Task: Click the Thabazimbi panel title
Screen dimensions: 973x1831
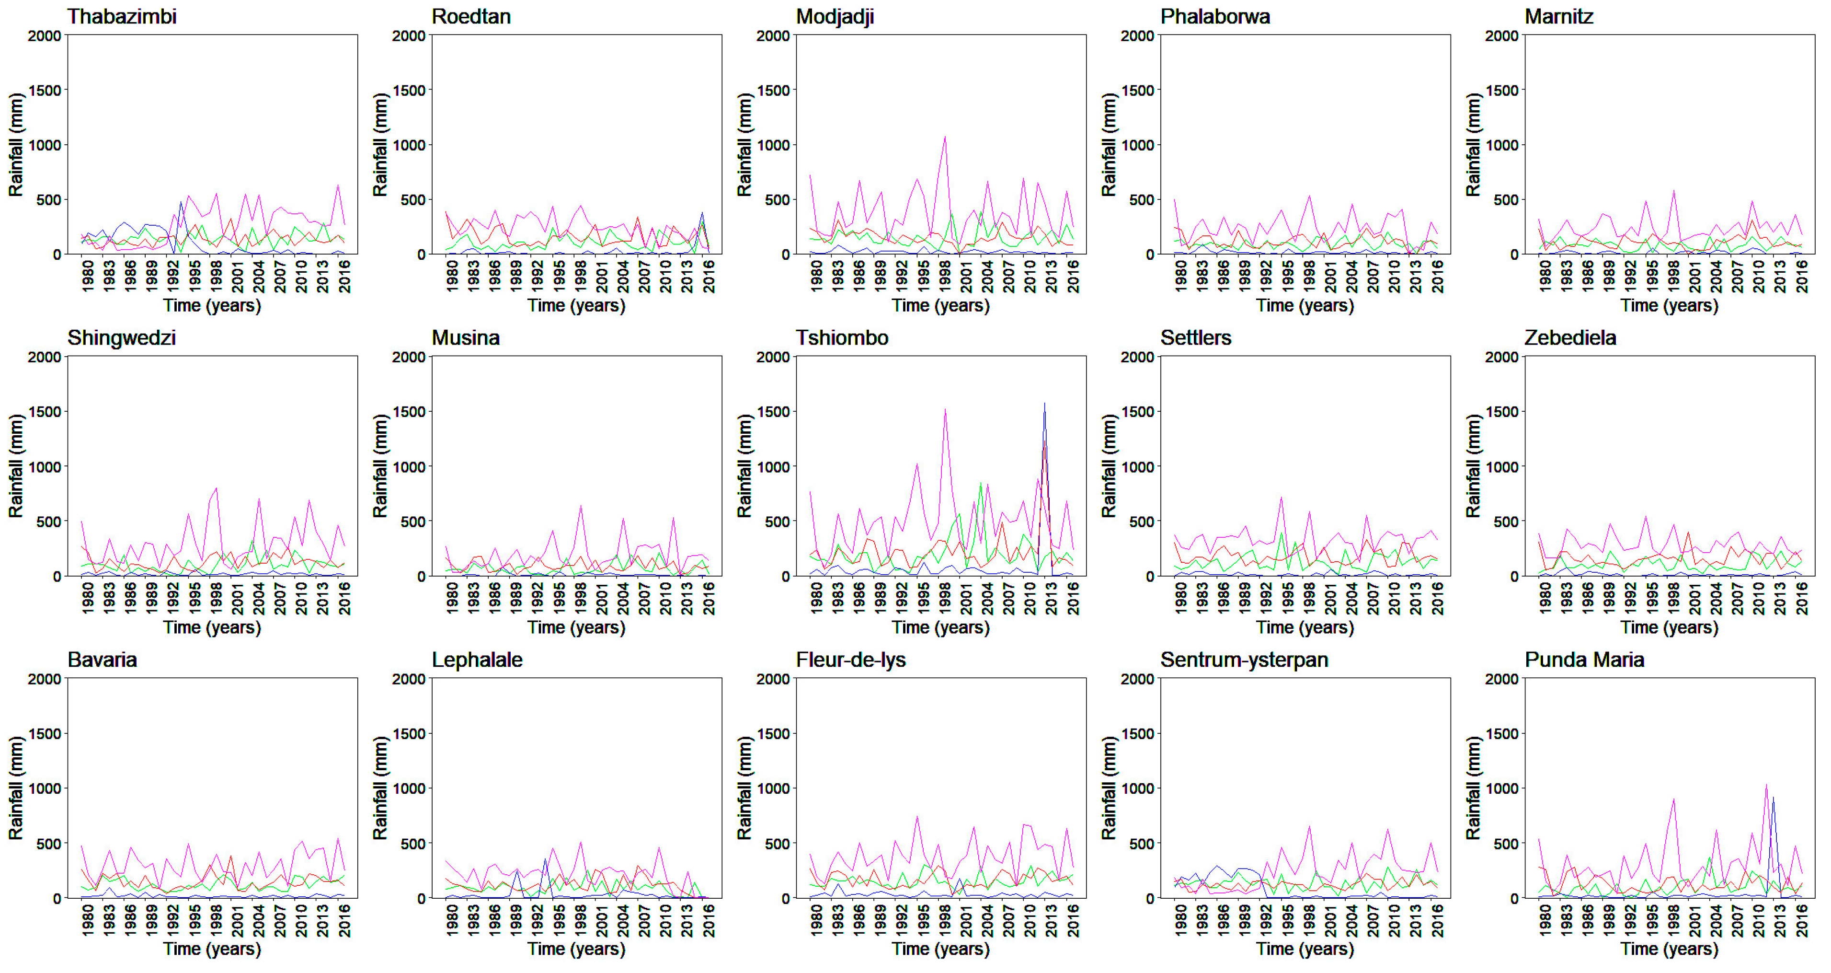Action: (x=122, y=16)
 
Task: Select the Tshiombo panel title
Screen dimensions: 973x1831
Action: (x=842, y=338)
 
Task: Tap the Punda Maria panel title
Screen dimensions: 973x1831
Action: (x=1584, y=660)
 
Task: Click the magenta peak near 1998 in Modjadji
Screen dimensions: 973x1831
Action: (x=945, y=137)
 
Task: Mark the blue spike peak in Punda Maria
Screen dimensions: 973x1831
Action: (x=1773, y=797)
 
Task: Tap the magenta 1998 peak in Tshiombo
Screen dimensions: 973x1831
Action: (x=945, y=409)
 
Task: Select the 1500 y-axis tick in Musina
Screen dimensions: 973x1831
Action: (x=408, y=412)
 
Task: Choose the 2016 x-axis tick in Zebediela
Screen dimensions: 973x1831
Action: (x=1801, y=597)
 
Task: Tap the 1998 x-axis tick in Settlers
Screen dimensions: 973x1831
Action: (x=1308, y=597)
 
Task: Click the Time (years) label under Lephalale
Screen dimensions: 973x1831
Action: (x=576, y=949)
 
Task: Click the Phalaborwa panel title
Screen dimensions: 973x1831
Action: (x=1215, y=16)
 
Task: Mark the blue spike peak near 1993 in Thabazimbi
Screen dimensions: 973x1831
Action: (x=181, y=203)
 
